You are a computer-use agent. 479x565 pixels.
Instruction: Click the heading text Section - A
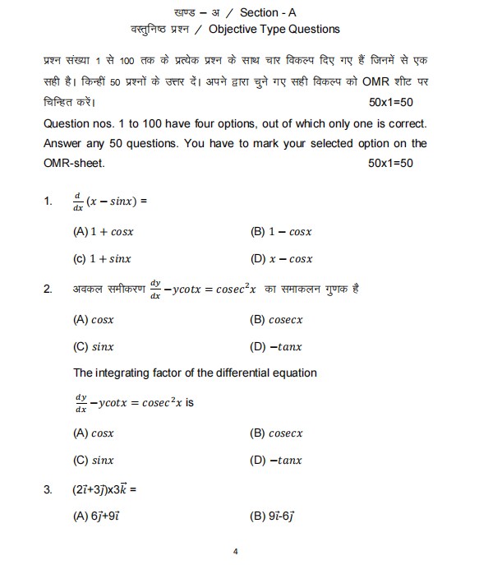pos(270,12)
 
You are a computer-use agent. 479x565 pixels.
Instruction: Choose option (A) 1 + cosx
pos(103,232)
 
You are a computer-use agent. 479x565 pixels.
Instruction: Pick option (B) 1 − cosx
pos(281,232)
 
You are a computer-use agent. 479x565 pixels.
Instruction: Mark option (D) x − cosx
pos(281,259)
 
